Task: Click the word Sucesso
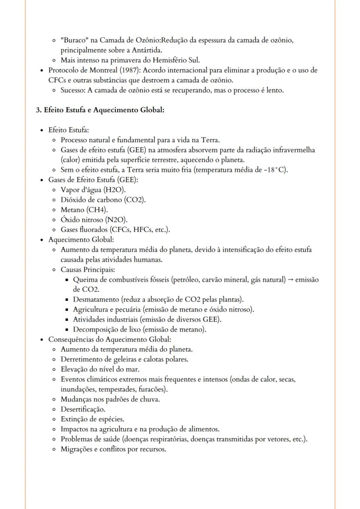coord(73,90)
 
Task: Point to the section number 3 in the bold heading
coord(38,110)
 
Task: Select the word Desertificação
coord(83,409)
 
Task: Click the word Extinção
coord(74,419)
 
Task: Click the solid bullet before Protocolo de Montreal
coord(41,70)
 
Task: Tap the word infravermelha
coord(293,150)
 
